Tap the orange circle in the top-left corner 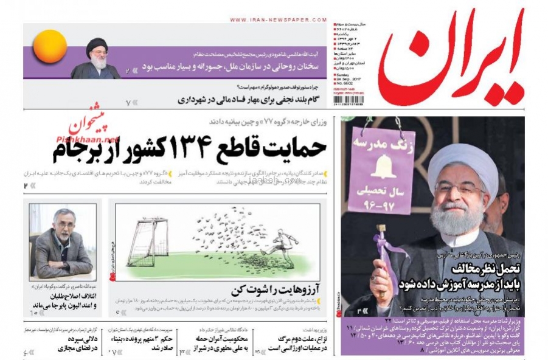[x=50, y=46]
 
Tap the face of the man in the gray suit [x=64, y=226]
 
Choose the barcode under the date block [x=348, y=99]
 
